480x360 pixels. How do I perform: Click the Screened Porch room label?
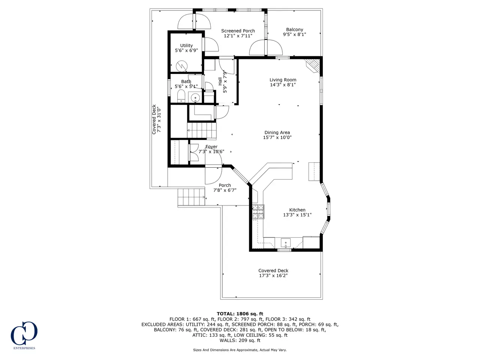pyautogui.click(x=238, y=31)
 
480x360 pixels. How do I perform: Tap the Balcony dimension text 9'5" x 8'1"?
pyautogui.click(x=294, y=34)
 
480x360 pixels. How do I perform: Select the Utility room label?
pyautogui.click(x=186, y=45)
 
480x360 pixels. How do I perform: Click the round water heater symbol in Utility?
pyautogui.click(x=182, y=66)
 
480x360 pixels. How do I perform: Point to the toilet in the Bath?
pyautogui.click(x=181, y=96)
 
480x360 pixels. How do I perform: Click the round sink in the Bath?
pyautogui.click(x=195, y=98)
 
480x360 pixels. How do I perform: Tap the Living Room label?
pyautogui.click(x=283, y=80)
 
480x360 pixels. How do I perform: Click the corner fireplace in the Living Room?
pyautogui.click(x=313, y=66)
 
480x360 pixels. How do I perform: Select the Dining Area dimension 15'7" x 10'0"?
pyautogui.click(x=277, y=138)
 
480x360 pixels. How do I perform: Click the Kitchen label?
pyautogui.click(x=297, y=210)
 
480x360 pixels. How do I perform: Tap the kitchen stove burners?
pyautogui.click(x=258, y=211)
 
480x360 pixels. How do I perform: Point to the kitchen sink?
pyautogui.click(x=286, y=243)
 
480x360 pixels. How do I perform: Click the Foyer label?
pyautogui.click(x=211, y=147)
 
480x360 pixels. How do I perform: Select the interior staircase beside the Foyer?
pyautogui.click(x=202, y=130)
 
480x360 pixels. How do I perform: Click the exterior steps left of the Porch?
pyautogui.click(x=192, y=197)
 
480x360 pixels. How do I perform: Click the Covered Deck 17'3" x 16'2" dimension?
pyautogui.click(x=273, y=276)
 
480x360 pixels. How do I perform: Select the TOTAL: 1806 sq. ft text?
pyautogui.click(x=240, y=314)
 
